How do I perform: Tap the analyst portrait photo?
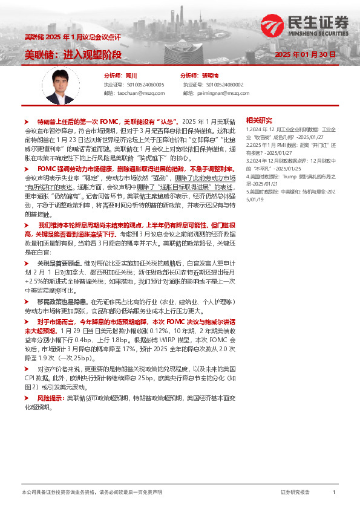coord(61,85)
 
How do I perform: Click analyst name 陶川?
coord(131,76)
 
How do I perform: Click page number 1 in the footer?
coord(333,493)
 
